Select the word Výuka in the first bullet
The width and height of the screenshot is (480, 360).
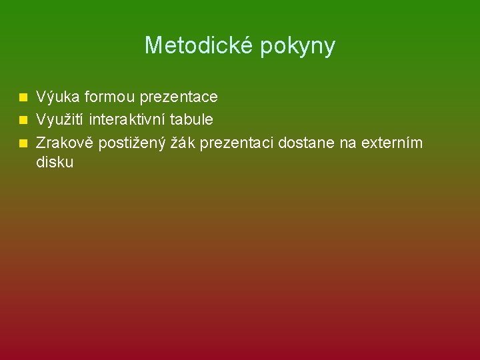click(x=53, y=97)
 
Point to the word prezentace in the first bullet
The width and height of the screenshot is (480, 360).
click(x=179, y=97)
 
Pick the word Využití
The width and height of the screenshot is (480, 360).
click(x=60, y=120)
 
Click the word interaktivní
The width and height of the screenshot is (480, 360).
click(x=130, y=120)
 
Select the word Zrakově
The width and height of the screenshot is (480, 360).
click(x=65, y=143)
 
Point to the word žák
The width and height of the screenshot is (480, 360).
click(x=177, y=143)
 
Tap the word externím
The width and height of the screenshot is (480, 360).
click(x=394, y=143)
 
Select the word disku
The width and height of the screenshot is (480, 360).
click(x=55, y=162)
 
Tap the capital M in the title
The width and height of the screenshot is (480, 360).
click(x=153, y=46)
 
